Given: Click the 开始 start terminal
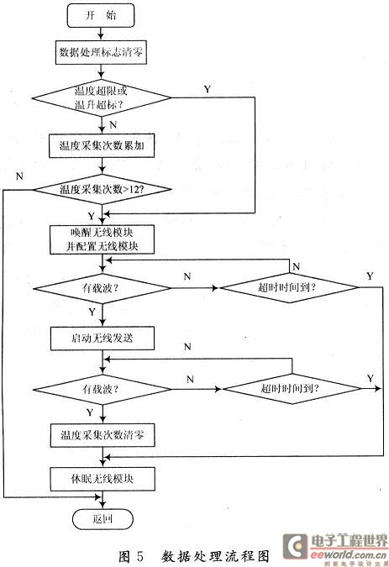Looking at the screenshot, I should (x=101, y=16).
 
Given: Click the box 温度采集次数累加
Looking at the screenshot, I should (x=101, y=144).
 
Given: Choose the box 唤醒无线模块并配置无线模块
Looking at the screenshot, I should (x=101, y=239).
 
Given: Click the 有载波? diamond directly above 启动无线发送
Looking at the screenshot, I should (x=101, y=288).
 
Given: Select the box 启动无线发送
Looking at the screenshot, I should (x=101, y=338).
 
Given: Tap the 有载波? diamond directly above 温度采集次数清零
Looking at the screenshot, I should (x=101, y=389).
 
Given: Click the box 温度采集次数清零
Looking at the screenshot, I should (x=101, y=438).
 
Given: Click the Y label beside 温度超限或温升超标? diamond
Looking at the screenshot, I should (x=207, y=87).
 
